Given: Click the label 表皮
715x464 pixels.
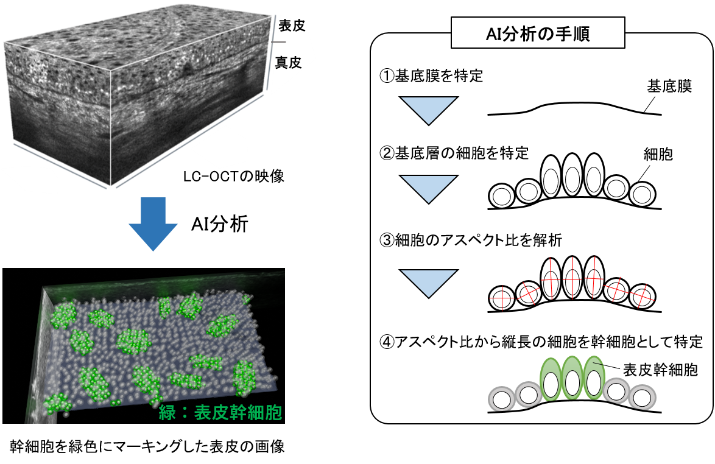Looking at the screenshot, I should click(290, 26).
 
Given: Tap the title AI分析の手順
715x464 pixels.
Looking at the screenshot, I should click(538, 33).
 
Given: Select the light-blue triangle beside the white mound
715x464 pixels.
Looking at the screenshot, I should click(429, 110).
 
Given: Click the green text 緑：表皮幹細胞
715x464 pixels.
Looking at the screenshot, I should click(220, 413).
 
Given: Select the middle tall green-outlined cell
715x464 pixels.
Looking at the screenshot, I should click(572, 379).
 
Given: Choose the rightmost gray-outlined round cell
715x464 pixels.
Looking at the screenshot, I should click(642, 398).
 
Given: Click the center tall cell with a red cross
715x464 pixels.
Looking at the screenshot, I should click(572, 278).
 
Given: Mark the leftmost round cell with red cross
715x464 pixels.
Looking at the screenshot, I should click(502, 298).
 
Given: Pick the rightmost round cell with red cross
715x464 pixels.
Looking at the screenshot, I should click(641, 297).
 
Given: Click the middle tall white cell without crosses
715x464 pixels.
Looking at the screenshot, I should click(572, 175).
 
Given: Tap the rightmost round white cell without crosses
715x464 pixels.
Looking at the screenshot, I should click(641, 195).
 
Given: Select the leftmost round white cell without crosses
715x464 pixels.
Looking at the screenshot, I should click(502, 196).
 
